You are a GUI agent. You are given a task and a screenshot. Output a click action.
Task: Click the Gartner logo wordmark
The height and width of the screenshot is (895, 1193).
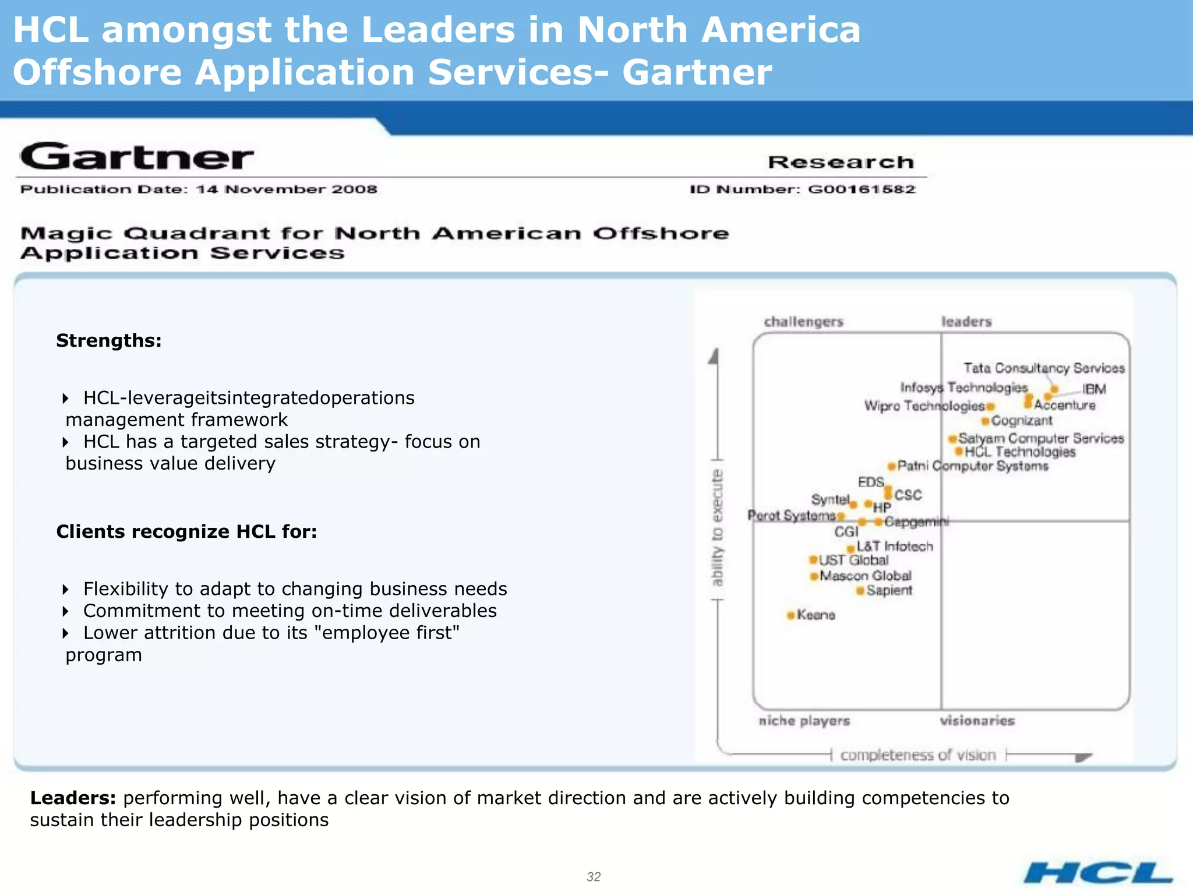point(137,157)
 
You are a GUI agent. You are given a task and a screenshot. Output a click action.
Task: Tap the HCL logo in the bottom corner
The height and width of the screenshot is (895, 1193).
point(1098,873)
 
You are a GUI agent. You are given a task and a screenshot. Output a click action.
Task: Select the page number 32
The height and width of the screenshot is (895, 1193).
point(594,876)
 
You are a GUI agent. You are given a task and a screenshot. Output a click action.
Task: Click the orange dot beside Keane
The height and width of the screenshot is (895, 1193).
point(790,615)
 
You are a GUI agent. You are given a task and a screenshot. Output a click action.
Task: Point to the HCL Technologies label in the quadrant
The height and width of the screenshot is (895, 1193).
point(1020,452)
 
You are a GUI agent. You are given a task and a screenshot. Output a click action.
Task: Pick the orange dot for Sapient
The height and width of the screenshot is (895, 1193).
point(860,591)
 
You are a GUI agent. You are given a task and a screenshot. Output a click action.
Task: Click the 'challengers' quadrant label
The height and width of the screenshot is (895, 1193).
point(803,322)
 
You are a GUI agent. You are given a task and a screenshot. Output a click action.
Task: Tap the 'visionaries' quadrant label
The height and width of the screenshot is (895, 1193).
point(977,721)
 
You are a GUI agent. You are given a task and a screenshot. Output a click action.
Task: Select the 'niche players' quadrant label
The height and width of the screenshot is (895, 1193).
point(804,721)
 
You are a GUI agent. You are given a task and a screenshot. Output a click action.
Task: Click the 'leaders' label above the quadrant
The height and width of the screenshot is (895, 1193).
point(966,322)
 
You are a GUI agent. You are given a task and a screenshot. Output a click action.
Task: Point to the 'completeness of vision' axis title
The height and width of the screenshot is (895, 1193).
point(918,755)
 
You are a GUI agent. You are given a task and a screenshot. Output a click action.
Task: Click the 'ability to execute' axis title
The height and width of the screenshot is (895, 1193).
point(717,527)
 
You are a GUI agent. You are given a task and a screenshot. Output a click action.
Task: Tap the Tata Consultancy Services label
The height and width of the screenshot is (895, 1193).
point(1044,368)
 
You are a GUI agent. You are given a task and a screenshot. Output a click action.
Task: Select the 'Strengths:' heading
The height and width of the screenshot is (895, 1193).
point(109,340)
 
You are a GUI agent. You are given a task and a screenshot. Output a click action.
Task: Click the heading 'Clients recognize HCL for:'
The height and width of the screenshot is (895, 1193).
point(186,531)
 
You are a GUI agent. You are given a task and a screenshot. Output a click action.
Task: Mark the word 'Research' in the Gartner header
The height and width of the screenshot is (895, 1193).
point(841,162)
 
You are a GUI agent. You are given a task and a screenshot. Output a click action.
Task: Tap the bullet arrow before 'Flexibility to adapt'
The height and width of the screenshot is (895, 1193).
point(65,589)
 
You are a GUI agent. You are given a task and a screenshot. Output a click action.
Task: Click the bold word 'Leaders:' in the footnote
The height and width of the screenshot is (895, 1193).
point(73,798)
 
